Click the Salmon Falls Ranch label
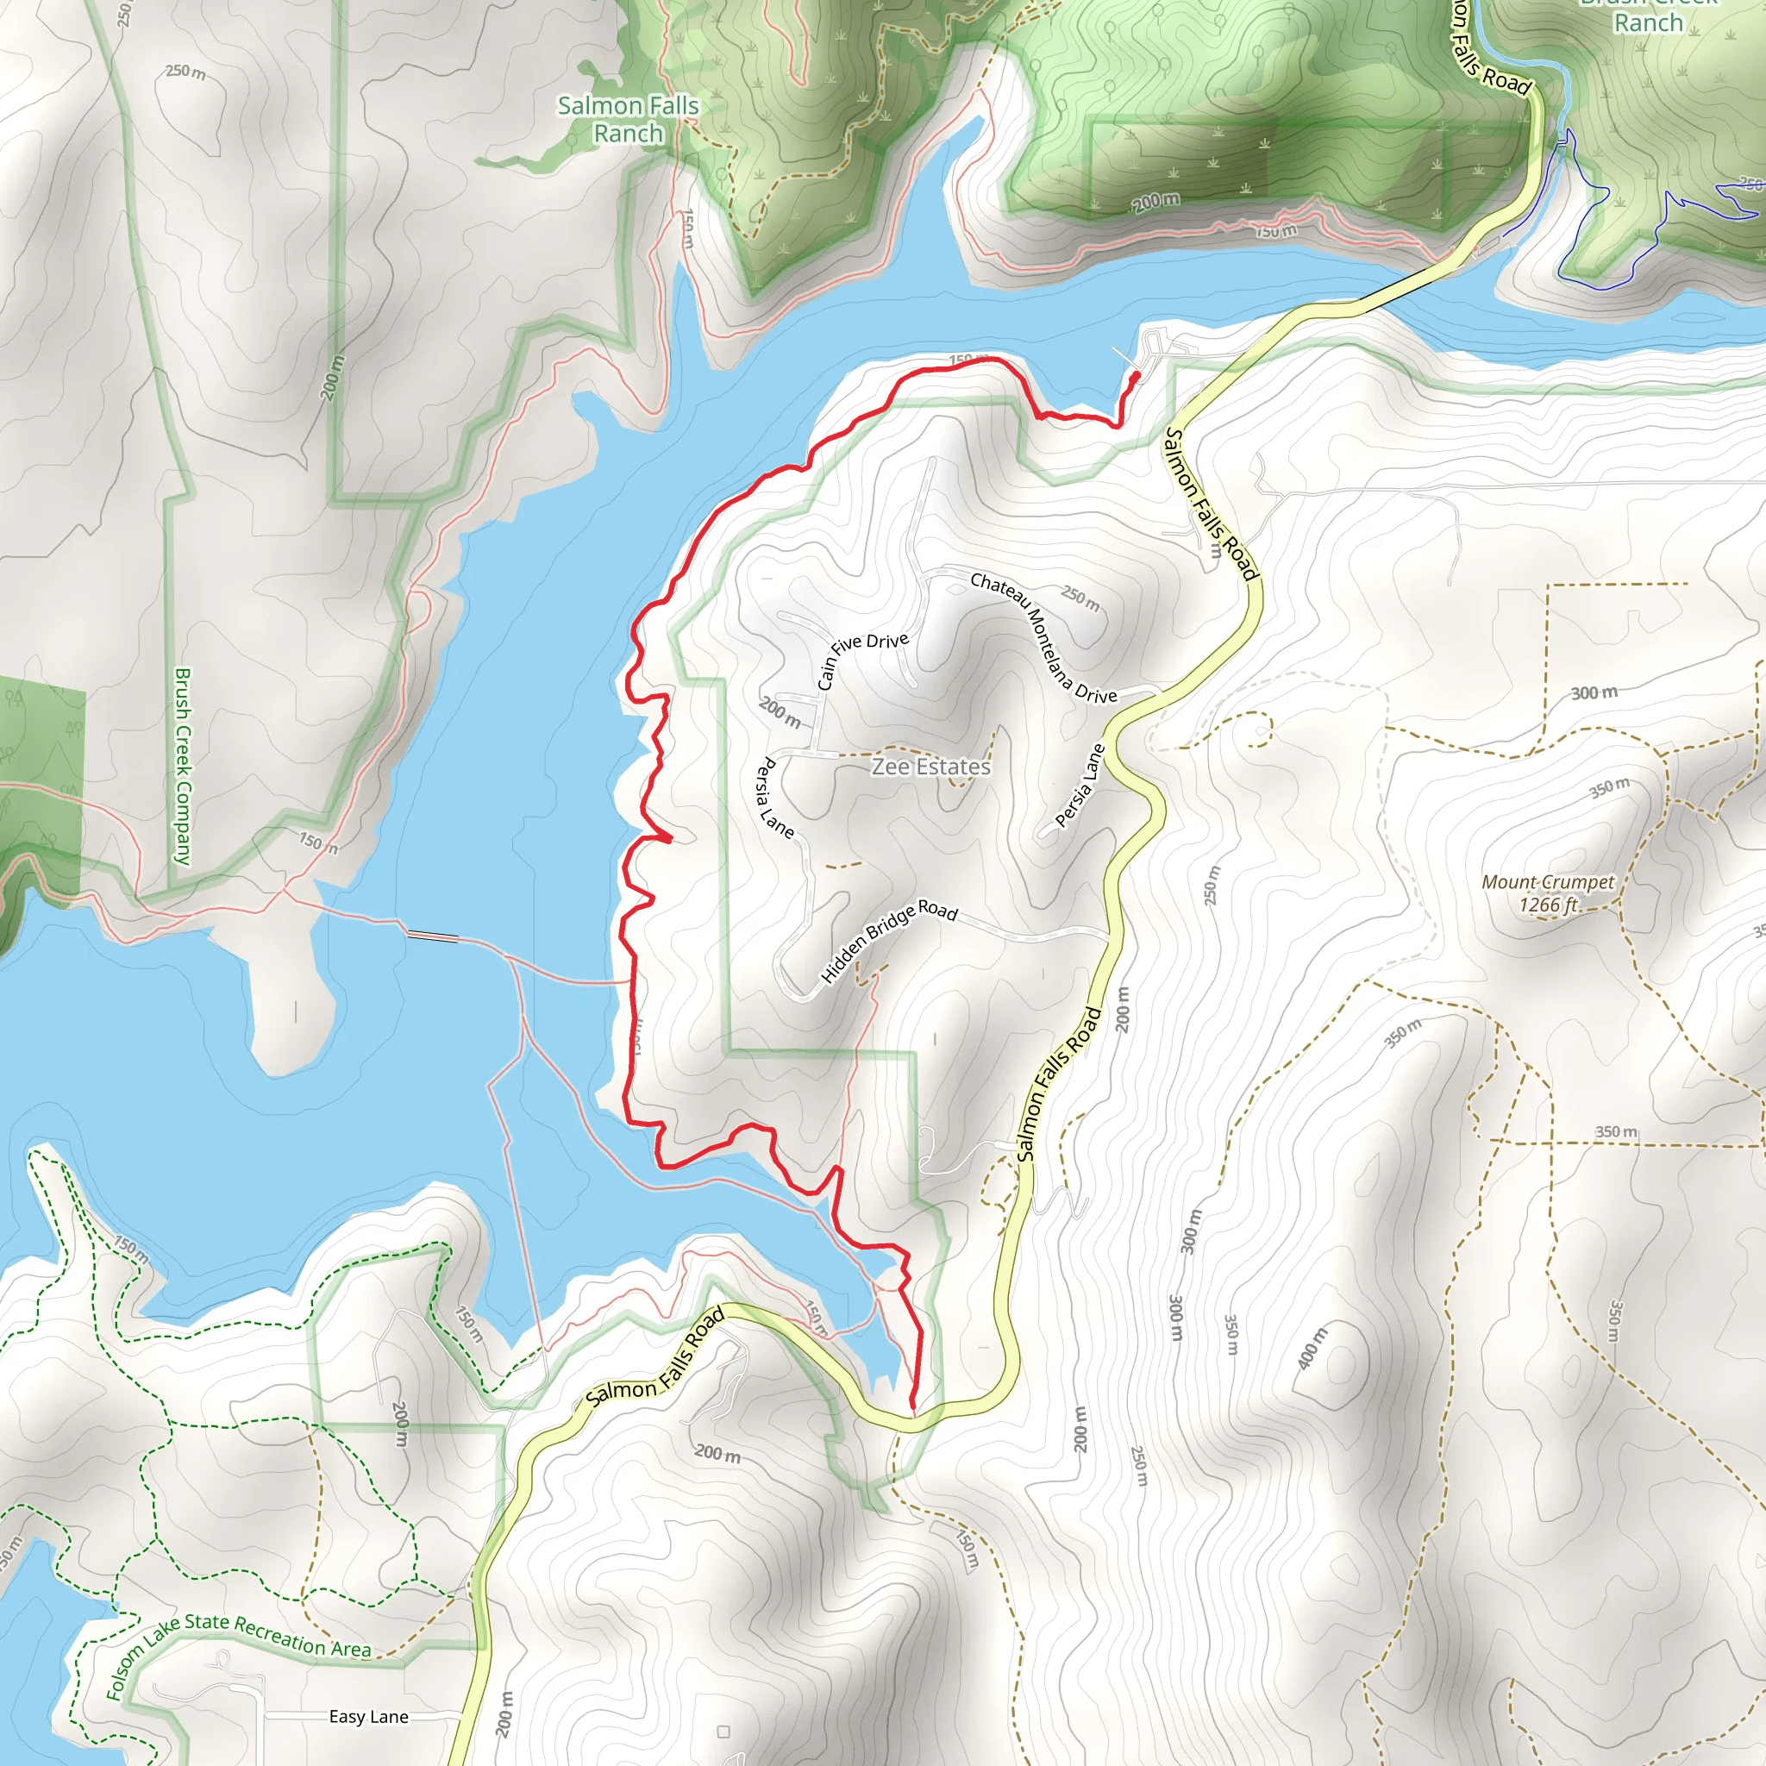click(628, 120)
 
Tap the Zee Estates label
click(930, 766)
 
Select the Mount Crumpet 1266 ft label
click(1548, 893)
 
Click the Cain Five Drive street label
click(862, 658)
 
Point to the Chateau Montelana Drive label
click(1043, 637)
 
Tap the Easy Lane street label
click(368, 1717)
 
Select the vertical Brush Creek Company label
click(183, 766)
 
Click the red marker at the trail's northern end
click(1136, 376)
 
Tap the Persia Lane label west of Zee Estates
click(776, 797)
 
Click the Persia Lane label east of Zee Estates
click(1080, 786)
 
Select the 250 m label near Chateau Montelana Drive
click(1080, 598)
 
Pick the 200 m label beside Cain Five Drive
click(780, 712)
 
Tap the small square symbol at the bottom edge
click(723, 1732)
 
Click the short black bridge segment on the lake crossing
click(432, 935)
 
